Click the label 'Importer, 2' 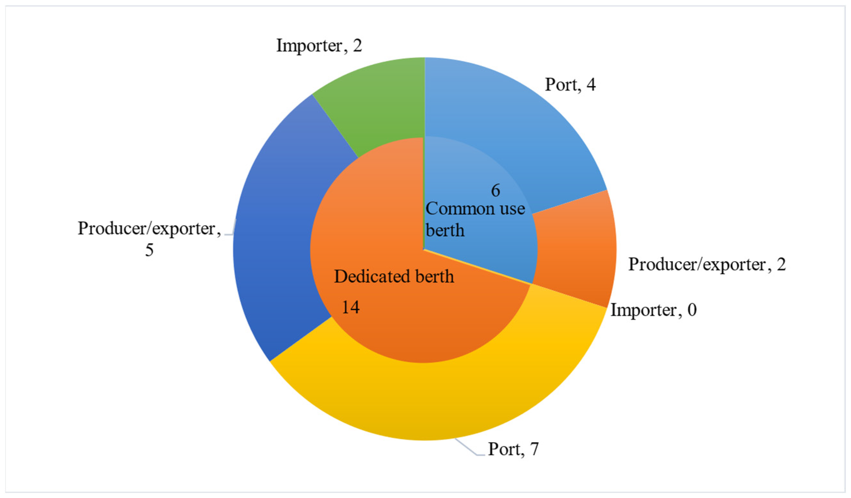coord(319,46)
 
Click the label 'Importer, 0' coord(653,310)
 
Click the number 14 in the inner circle coord(350,307)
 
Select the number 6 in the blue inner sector coord(495,191)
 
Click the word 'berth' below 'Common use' coord(445,231)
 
